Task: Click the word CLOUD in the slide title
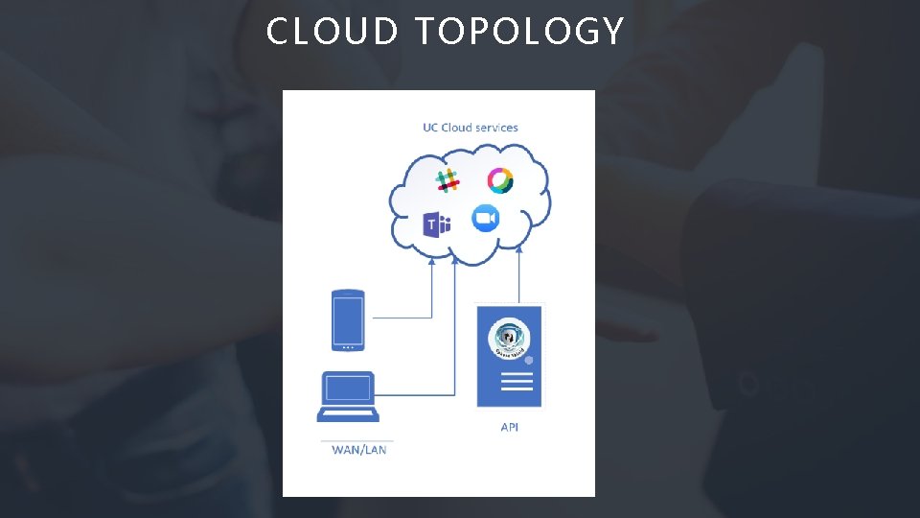pos(332,32)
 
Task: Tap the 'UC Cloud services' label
pos(471,127)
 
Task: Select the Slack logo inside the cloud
pos(447,179)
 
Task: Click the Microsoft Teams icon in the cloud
pos(437,225)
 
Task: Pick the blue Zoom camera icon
pos(486,219)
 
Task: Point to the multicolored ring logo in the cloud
pos(500,180)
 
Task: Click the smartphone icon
pos(347,319)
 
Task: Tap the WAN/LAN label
pos(359,449)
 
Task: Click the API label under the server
pos(510,427)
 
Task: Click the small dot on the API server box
pos(528,361)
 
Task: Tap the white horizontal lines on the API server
pos(517,381)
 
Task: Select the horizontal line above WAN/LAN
pos(356,440)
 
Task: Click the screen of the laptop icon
pos(348,388)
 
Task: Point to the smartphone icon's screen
pos(347,318)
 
